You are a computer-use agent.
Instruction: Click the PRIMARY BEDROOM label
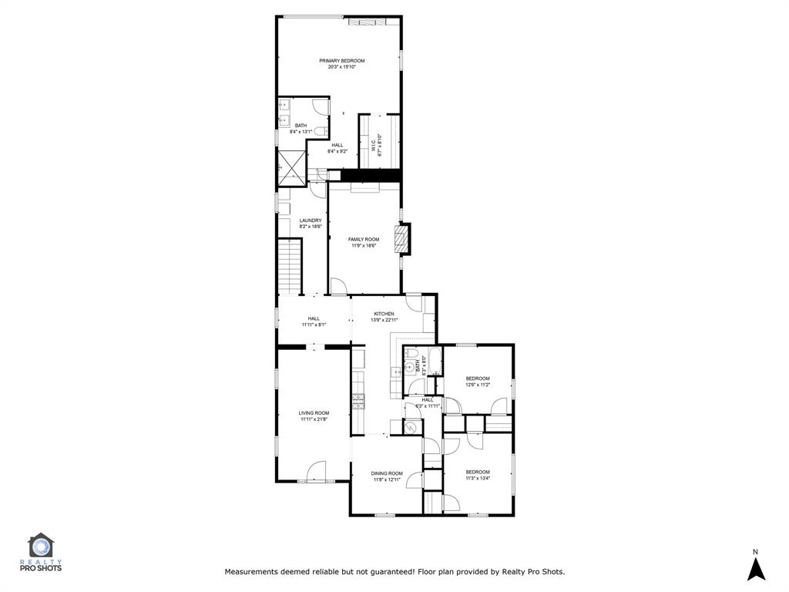(x=342, y=60)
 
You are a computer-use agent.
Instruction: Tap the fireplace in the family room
(x=400, y=239)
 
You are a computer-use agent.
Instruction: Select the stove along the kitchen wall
(x=358, y=401)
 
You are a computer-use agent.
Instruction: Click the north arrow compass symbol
(x=757, y=569)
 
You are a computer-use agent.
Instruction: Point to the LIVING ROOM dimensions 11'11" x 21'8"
(x=314, y=419)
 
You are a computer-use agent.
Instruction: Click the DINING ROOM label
(x=387, y=473)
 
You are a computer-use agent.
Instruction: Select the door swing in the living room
(x=317, y=471)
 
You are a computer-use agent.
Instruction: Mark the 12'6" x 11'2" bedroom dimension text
(x=477, y=385)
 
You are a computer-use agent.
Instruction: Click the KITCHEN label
(x=384, y=314)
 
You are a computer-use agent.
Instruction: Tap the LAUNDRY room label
(x=311, y=220)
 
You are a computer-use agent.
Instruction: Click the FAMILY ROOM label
(x=364, y=239)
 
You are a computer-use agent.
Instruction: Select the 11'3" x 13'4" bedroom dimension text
(x=477, y=478)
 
